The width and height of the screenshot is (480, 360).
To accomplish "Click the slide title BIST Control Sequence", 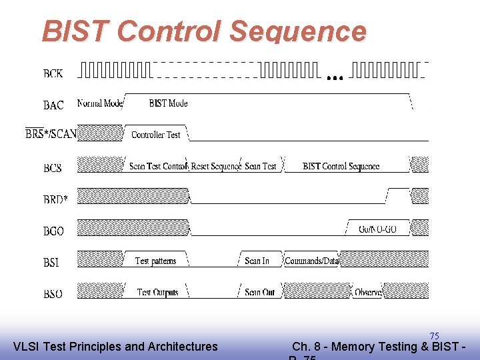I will pos(204,31).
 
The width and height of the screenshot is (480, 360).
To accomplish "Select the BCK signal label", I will pos(53,74).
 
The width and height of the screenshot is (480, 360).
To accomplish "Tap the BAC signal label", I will pos(53,105).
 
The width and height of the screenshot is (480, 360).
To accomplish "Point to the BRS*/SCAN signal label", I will pos(51,134).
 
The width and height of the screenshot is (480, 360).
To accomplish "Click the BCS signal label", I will pos(53,168).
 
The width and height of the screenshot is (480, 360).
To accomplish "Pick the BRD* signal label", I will pos(55,199).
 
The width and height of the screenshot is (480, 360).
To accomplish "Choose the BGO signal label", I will pos(53,231).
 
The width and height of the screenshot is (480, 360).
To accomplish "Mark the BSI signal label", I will pos(51,263).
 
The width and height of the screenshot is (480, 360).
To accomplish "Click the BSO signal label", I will pos(53,294).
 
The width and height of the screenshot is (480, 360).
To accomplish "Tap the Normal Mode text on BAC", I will pos(100,103).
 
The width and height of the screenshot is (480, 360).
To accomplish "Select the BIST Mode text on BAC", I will pos(168,103).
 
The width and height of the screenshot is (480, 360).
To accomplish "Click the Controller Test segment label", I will pos(156,135).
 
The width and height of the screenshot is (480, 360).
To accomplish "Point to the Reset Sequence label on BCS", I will pos(215,166).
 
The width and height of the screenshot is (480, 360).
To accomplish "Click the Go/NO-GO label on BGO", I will pos(377,229).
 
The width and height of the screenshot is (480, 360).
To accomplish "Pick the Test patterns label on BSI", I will pos(155,261).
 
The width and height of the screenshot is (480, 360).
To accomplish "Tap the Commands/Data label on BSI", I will pos(311,261).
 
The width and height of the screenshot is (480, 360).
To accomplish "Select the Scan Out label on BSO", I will pos(259,292).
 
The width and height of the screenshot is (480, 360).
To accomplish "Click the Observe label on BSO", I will pos(368,292).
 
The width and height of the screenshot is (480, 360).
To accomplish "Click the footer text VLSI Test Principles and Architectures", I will pos(115,346).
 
